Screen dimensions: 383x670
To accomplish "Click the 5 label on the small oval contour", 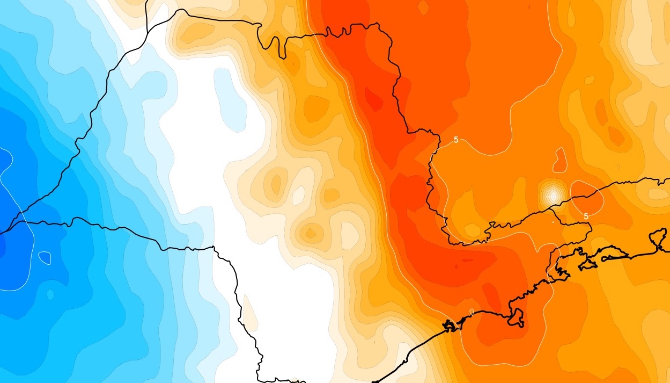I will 586,216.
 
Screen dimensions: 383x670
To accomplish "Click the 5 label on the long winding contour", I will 455,140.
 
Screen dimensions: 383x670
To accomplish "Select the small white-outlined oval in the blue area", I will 45,258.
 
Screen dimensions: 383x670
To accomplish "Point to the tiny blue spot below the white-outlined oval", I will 50,294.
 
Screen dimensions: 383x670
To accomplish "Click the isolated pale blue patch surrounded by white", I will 231,99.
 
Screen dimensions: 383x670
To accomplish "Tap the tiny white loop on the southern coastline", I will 471,312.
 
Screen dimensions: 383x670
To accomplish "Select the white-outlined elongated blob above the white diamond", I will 561,160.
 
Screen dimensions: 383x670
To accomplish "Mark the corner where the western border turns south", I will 213,248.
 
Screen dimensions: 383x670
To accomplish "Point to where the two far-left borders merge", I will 21,222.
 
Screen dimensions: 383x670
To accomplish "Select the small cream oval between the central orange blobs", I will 297,197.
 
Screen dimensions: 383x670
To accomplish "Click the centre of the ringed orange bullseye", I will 310,233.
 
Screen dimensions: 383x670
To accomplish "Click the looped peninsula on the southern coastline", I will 518,317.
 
